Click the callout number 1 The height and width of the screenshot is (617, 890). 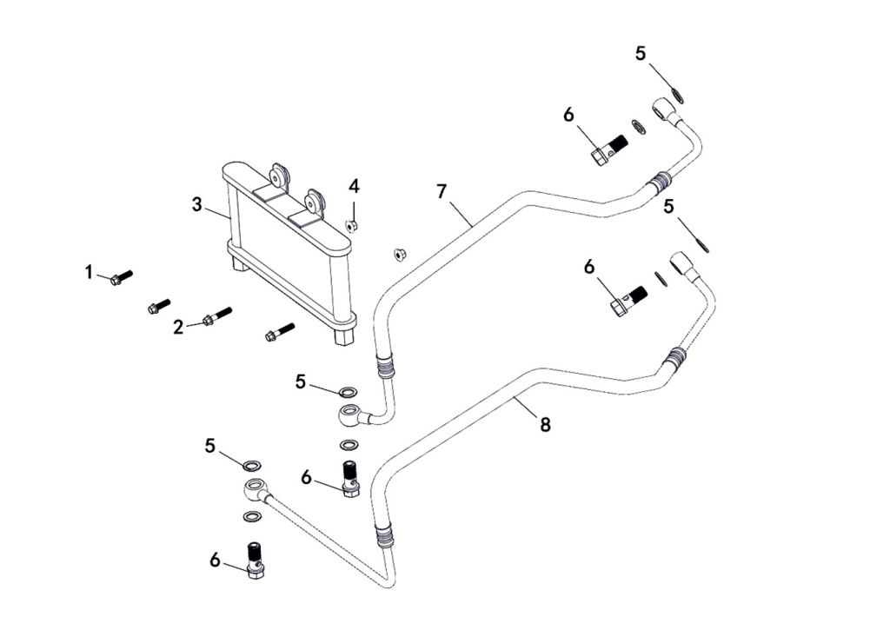click(89, 272)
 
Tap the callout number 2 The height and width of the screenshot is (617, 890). click(178, 327)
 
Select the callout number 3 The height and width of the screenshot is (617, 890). click(197, 205)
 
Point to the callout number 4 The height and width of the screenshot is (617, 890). click(354, 186)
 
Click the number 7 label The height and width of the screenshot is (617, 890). click(442, 190)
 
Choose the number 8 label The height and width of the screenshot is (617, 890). click(545, 425)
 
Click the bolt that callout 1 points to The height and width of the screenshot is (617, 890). click(121, 277)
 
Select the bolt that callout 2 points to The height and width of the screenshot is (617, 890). click(216, 317)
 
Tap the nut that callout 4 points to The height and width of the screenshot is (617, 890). click(352, 226)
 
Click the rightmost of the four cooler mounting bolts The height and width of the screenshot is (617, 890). click(278, 332)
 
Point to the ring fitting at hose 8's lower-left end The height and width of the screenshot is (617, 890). click(255, 489)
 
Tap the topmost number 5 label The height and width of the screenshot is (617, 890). click(641, 54)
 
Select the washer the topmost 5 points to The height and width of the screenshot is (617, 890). click(678, 90)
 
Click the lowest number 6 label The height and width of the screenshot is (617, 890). click(216, 561)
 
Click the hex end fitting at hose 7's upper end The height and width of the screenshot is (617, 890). click(667, 109)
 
